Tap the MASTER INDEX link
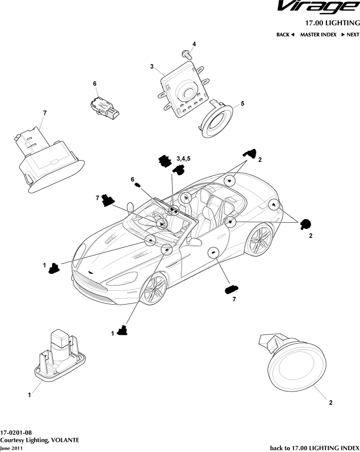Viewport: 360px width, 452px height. coord(318,35)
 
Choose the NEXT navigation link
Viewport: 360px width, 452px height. coord(350,35)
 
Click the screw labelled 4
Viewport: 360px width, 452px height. coord(186,53)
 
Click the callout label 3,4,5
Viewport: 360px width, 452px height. coord(184,159)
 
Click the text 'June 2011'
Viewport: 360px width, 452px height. coord(11,448)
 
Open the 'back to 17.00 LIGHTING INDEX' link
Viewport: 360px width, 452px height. coord(315,447)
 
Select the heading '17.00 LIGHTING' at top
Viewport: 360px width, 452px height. coord(332,22)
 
